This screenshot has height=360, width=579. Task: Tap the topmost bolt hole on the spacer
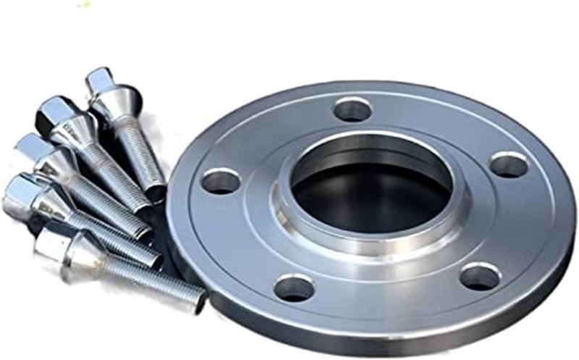coord(353,109)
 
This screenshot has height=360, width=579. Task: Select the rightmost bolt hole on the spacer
coord(508,165)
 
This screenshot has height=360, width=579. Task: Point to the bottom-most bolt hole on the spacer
coord(295,288)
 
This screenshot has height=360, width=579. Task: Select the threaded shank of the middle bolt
coord(109,203)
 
